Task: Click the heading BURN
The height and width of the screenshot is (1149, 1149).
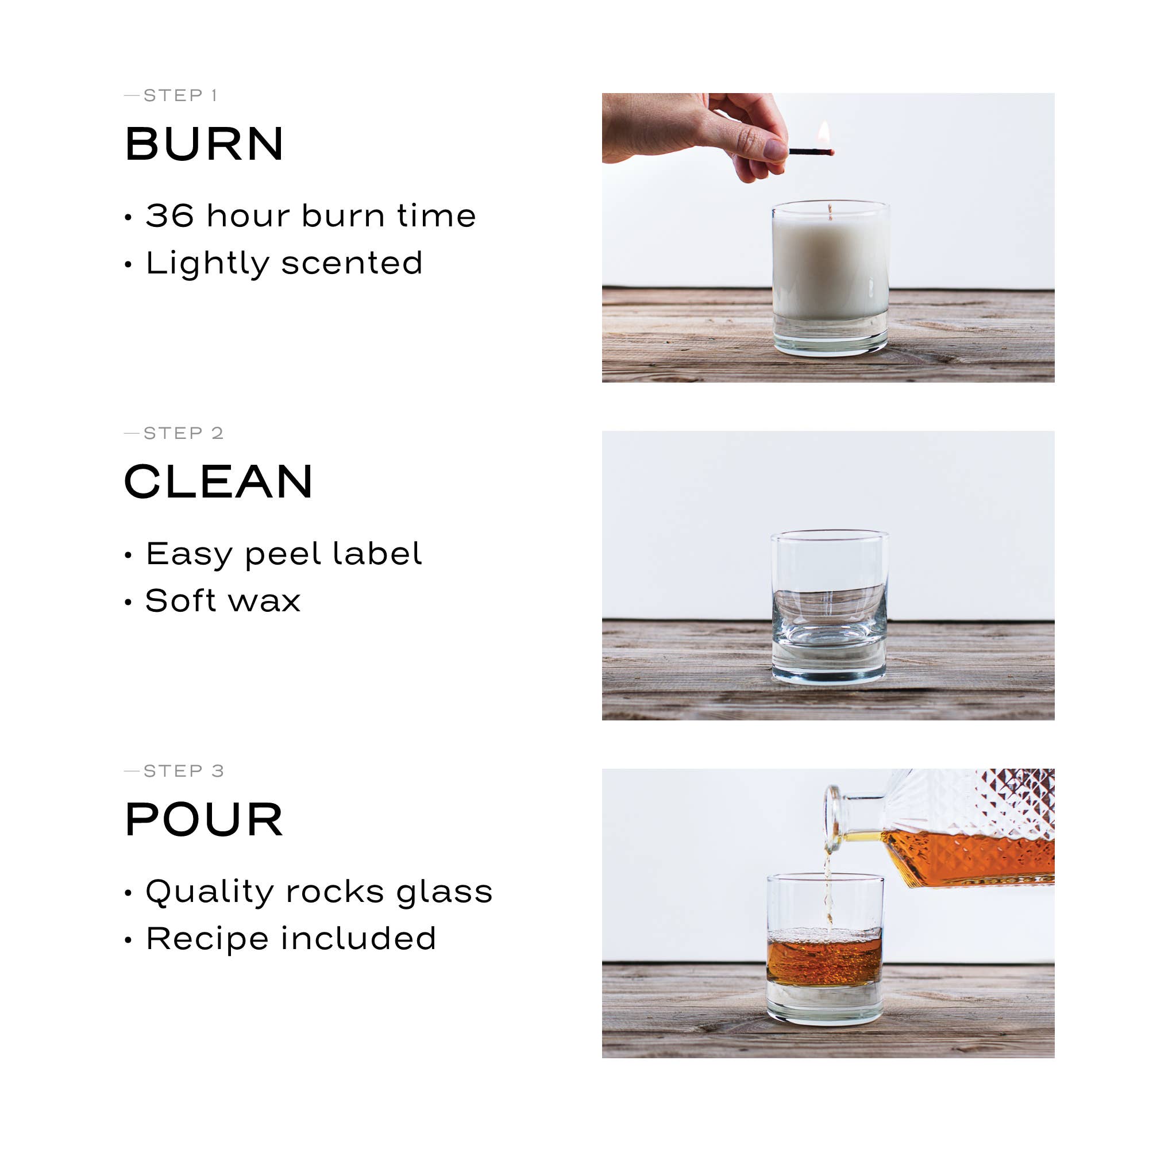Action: click(x=204, y=144)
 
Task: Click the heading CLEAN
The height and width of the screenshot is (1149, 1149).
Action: click(x=218, y=482)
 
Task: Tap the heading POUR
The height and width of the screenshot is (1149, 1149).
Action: click(x=204, y=820)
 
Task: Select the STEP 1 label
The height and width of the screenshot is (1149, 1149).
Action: click(x=180, y=95)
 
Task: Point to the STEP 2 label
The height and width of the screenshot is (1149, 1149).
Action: click(x=183, y=433)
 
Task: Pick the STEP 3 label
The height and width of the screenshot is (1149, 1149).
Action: click(x=183, y=771)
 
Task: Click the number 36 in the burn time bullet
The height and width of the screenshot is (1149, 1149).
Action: click(x=169, y=215)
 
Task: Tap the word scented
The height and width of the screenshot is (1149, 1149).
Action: click(x=352, y=263)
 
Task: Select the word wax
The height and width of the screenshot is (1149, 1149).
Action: click(x=265, y=601)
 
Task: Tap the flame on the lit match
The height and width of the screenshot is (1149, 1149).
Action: click(x=824, y=134)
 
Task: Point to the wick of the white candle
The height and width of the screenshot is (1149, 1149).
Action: click(x=830, y=212)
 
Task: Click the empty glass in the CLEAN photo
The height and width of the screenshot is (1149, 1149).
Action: click(x=829, y=607)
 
